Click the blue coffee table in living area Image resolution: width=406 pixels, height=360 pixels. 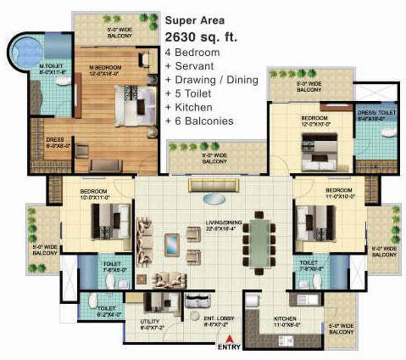[x=172, y=244]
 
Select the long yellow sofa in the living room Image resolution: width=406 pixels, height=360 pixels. [x=214, y=185]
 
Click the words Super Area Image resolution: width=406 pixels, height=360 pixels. [x=195, y=21]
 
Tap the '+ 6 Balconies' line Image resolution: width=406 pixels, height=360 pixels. [x=199, y=121]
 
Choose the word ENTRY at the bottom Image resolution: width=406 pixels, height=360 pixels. [x=229, y=348]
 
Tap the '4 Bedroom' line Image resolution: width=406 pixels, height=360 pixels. [x=192, y=52]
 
